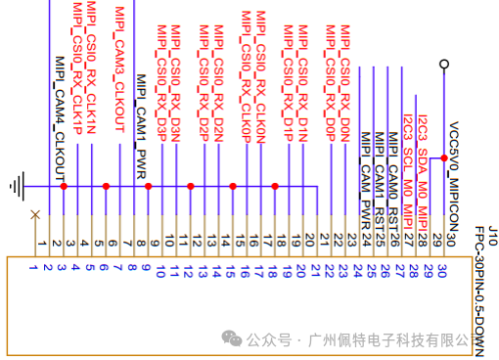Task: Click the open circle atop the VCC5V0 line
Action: pyautogui.click(x=445, y=65)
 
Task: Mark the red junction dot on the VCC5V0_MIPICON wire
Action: pyautogui.click(x=445, y=158)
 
